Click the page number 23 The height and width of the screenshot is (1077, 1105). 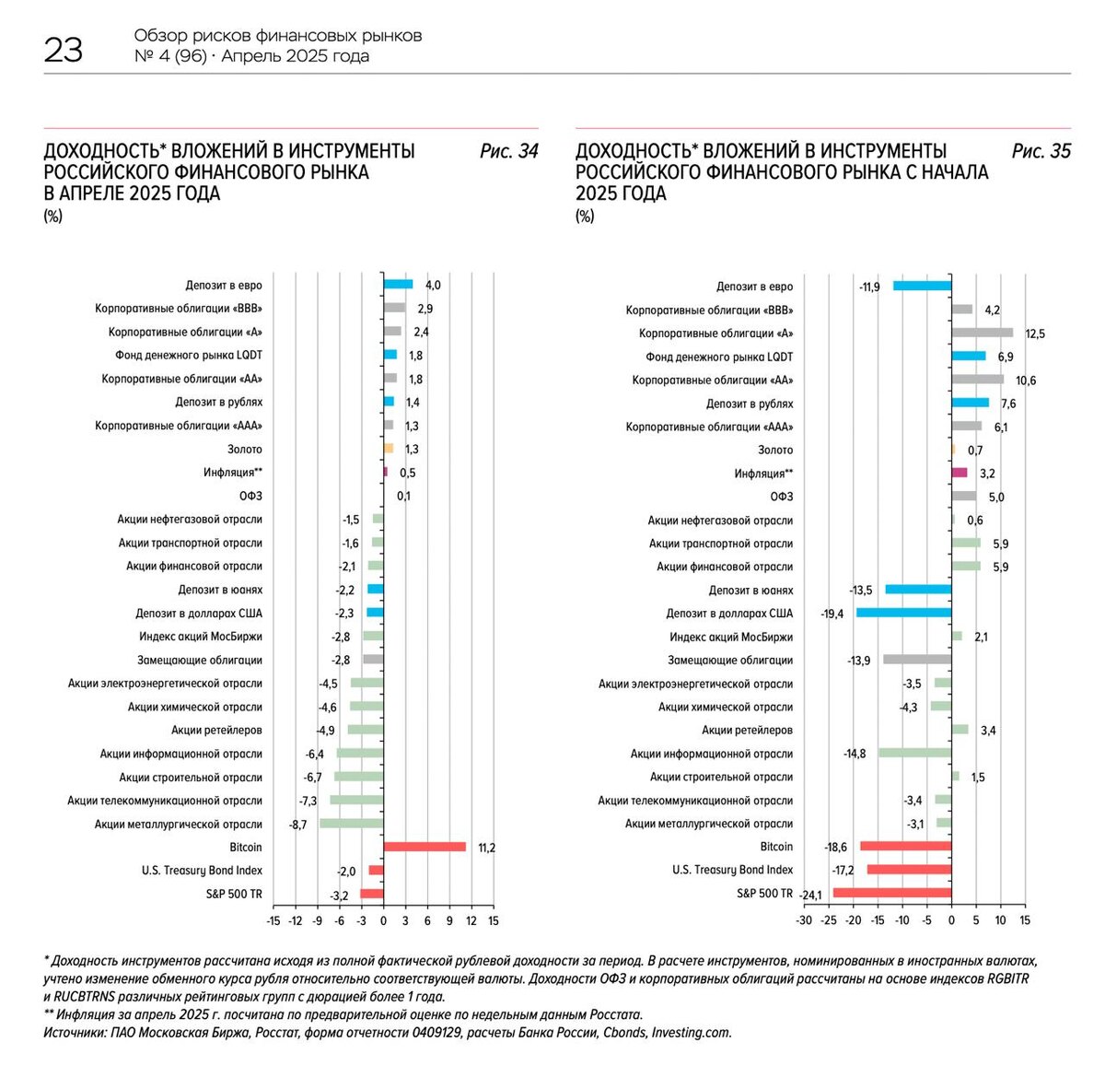63,50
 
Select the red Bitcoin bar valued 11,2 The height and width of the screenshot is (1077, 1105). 425,847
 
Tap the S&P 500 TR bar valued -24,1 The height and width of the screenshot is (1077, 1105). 891,893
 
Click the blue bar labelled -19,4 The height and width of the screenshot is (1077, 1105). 903,613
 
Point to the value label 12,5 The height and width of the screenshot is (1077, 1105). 1035,334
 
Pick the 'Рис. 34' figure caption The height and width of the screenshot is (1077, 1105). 508,151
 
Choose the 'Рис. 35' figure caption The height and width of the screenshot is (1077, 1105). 1041,151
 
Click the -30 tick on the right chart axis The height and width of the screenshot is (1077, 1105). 804,920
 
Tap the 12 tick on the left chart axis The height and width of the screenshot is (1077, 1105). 471,920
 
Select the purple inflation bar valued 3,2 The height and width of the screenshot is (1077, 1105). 960,473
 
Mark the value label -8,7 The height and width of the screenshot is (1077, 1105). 297,825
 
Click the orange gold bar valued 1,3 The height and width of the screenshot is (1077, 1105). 389,449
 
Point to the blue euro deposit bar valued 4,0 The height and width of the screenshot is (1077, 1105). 398,285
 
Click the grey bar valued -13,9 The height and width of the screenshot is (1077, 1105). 917,660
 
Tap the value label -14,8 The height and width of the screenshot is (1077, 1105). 855,754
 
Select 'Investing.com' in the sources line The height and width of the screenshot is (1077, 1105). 692,1033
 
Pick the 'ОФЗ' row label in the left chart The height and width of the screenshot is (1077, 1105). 250,496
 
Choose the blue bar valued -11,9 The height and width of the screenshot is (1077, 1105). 922,286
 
